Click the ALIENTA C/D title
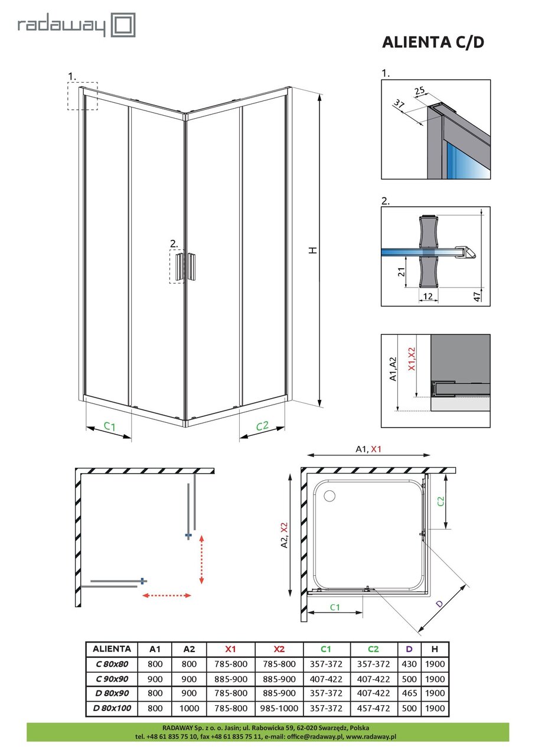pos(434,43)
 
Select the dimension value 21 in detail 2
pos(402,272)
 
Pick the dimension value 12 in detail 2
pos(429,295)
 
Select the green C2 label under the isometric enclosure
pos(262,426)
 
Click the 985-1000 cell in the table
pos(279,708)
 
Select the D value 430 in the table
pos(408,663)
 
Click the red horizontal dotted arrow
pos(167,595)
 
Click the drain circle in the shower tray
pos(328,496)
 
